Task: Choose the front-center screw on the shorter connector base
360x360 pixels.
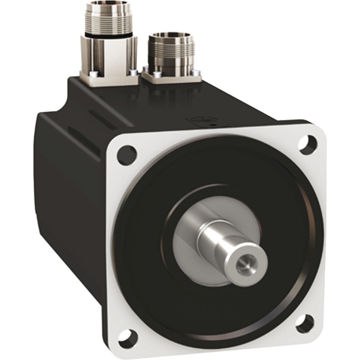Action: pyautogui.click(x=156, y=75)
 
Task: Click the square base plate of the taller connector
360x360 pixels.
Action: pyautogui.click(x=108, y=79)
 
